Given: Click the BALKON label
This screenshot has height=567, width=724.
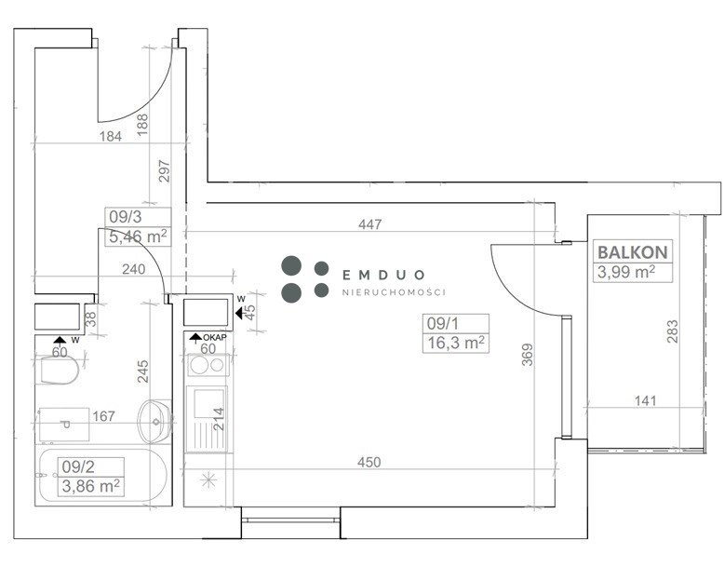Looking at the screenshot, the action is point(633,252).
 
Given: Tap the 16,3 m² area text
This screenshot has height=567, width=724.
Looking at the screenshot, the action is point(456,343).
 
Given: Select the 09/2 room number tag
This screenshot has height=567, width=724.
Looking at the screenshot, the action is point(78,466).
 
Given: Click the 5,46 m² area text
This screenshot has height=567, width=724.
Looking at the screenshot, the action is point(138,236).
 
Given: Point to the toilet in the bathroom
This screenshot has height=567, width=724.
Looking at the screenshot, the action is point(60,370).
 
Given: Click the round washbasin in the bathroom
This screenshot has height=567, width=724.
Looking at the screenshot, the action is point(155,422).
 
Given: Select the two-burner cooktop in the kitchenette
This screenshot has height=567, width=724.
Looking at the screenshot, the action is point(208,366).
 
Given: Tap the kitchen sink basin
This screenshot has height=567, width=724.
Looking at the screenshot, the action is point(208,404).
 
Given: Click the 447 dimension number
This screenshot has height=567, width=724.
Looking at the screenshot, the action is point(369,224).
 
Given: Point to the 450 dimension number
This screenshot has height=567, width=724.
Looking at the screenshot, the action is point(369,462).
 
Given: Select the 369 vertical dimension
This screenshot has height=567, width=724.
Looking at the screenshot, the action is point(528,355).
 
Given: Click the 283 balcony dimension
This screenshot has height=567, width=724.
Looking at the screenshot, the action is point(673,331).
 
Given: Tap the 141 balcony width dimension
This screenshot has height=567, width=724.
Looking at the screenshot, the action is point(645,400).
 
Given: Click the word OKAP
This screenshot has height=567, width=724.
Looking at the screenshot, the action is point(215,337).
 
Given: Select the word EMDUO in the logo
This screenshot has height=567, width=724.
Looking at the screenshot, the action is point(383,276).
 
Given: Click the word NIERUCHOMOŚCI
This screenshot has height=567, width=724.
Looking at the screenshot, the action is point(394,292).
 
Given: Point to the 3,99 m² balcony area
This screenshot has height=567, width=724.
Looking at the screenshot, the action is point(626,272).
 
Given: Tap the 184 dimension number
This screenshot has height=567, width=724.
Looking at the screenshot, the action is point(111,136).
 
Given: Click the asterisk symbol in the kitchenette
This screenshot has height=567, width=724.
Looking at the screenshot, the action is point(208,480).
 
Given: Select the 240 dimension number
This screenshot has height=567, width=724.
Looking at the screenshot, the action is point(133,269).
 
